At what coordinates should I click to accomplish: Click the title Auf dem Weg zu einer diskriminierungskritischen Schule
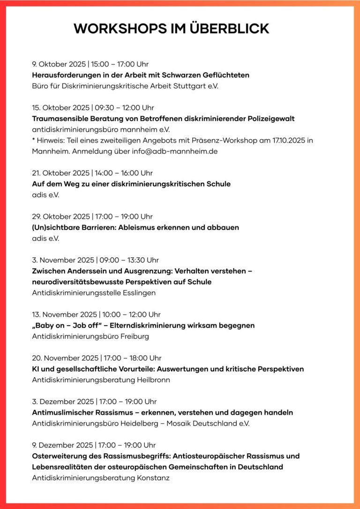[x=131, y=184]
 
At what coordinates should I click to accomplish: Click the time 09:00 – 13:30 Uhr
[x=129, y=260]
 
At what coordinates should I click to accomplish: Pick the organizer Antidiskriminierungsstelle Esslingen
[x=94, y=293]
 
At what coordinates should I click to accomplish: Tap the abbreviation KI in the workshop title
[x=36, y=369]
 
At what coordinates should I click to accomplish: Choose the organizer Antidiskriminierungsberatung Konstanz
[x=100, y=478]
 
